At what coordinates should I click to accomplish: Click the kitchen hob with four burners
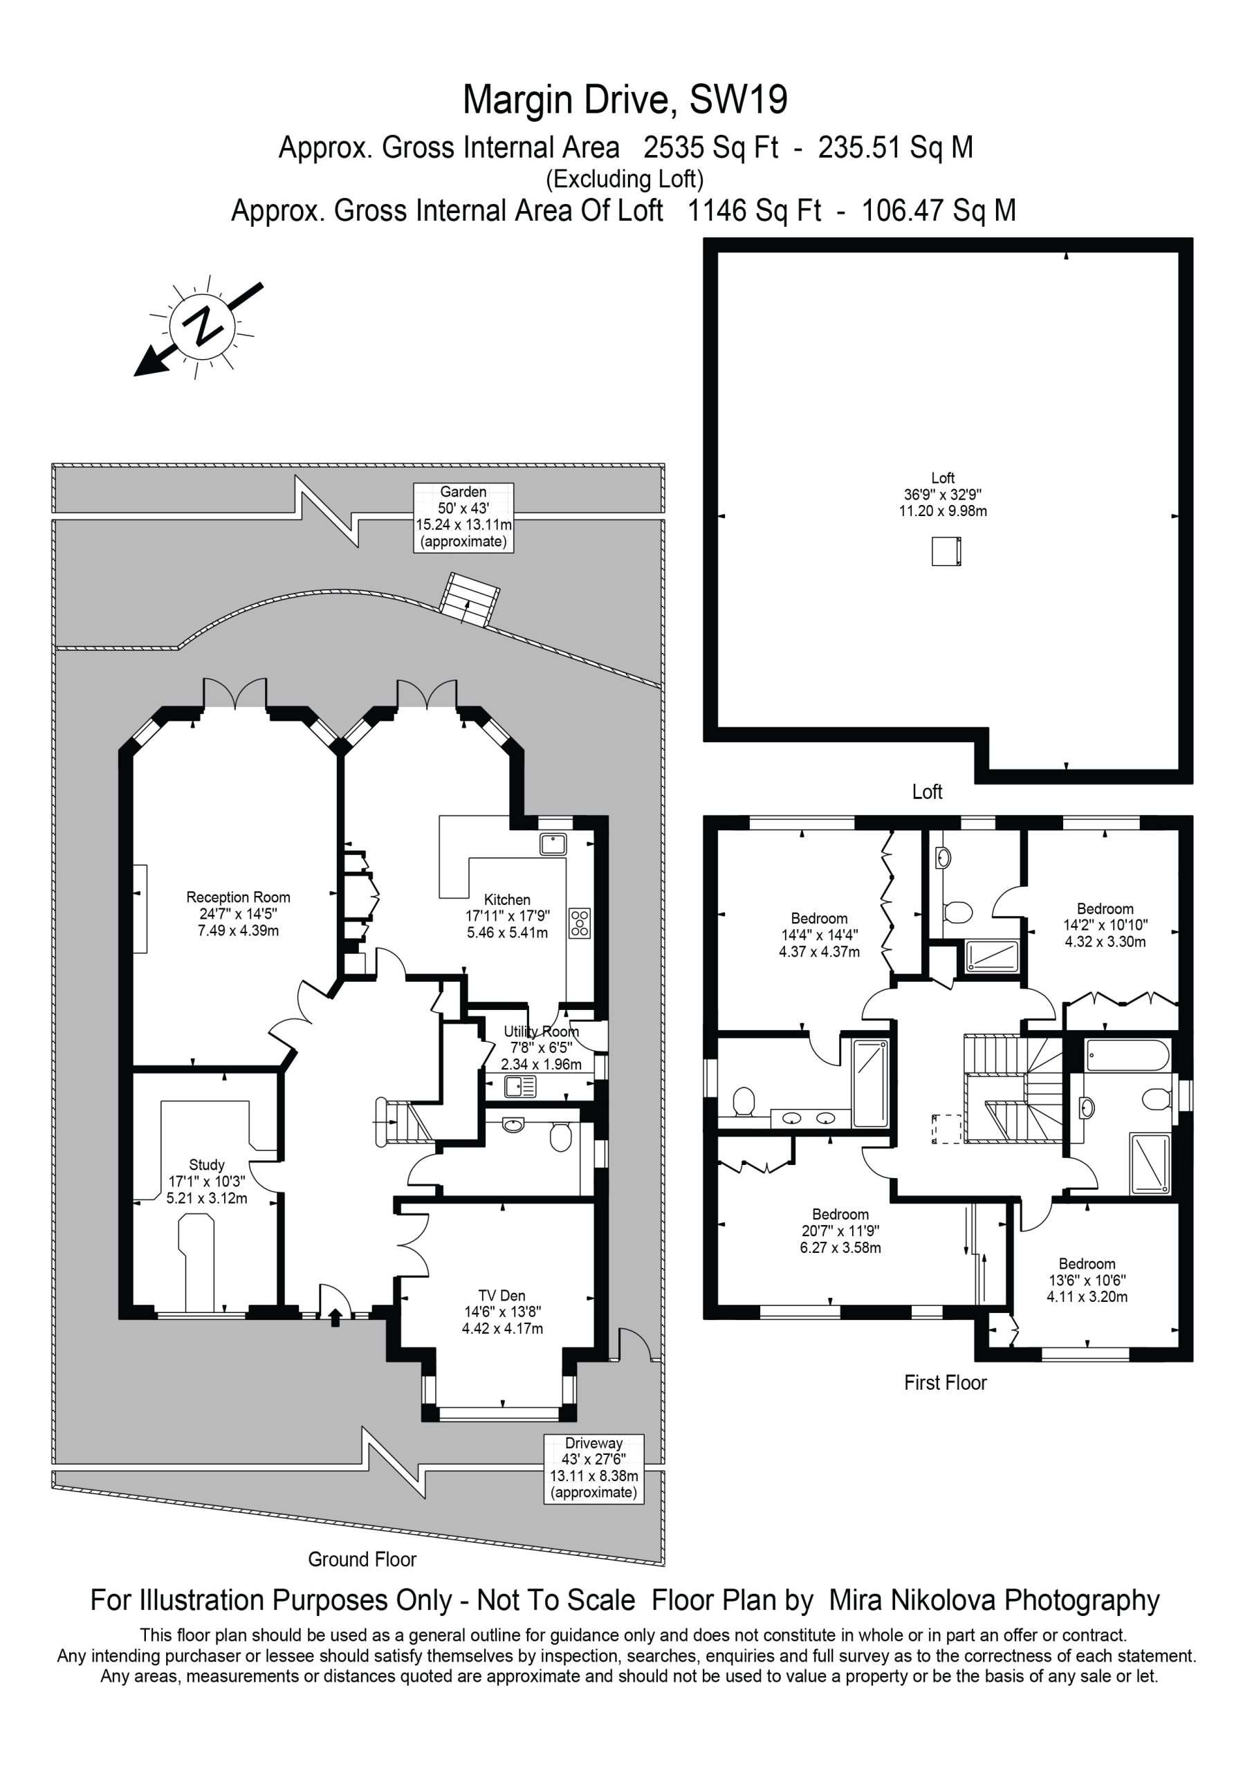click(580, 923)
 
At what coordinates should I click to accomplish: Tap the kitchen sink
click(553, 843)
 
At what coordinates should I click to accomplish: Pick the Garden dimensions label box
click(463, 517)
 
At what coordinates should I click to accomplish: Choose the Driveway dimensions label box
click(594, 1469)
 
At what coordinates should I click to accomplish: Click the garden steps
click(470, 598)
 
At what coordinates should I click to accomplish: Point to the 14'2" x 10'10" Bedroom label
click(1105, 925)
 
